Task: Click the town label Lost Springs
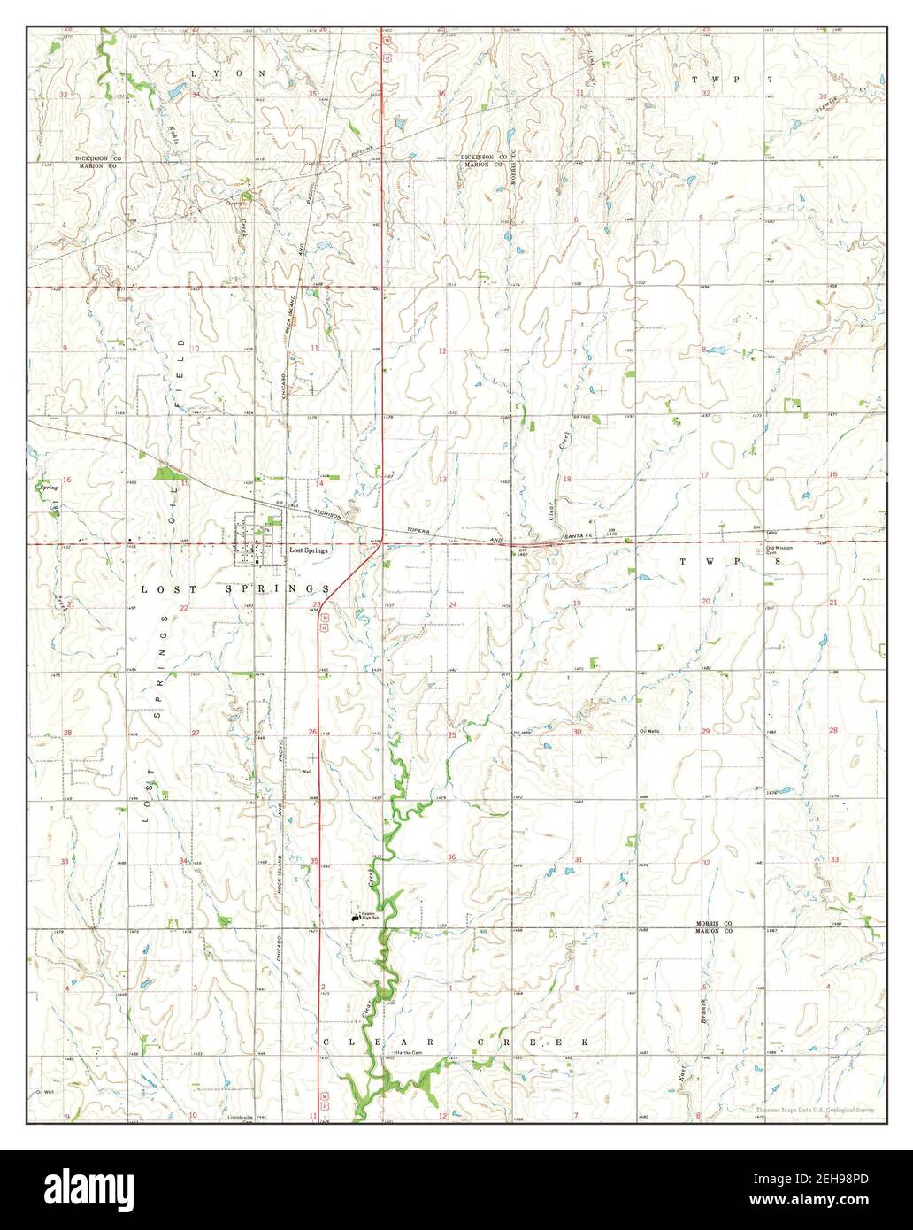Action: click(309, 550)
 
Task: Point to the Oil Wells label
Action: click(649, 731)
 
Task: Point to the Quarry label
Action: click(234, 202)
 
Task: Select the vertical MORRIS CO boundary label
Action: click(514, 177)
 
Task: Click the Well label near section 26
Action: click(307, 771)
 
